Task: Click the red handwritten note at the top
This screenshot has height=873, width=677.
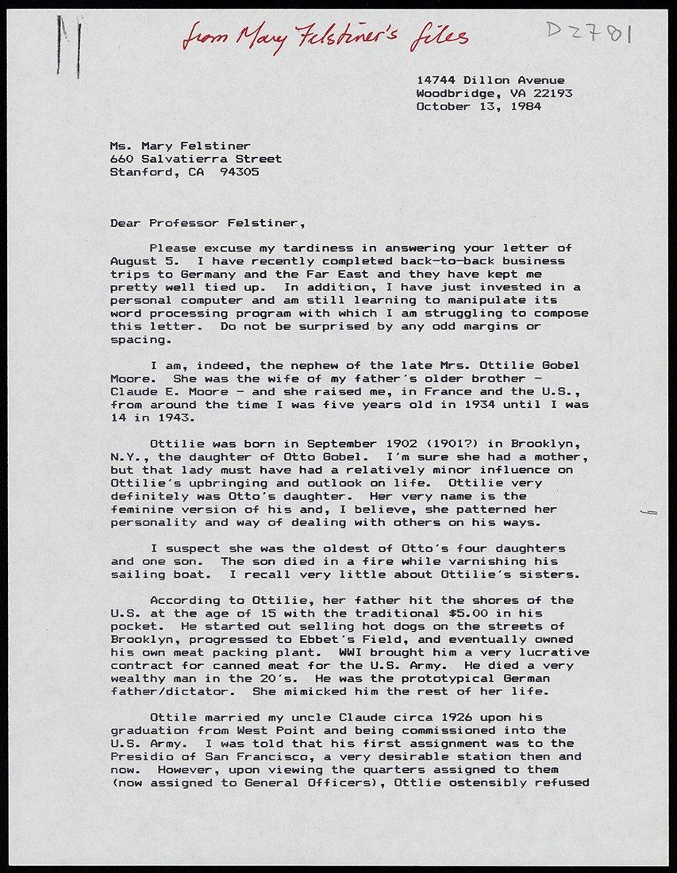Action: pyautogui.click(x=325, y=36)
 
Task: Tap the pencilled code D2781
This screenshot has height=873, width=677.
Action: pyautogui.click(x=588, y=33)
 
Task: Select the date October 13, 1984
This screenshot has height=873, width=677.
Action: pyautogui.click(x=479, y=106)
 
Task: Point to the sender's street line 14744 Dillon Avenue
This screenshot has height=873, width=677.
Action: pyautogui.click(x=490, y=80)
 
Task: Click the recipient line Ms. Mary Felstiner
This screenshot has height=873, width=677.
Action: pyautogui.click(x=180, y=146)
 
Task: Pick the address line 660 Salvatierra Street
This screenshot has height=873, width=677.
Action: pyautogui.click(x=195, y=159)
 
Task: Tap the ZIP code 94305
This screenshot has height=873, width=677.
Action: pyautogui.click(x=239, y=171)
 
